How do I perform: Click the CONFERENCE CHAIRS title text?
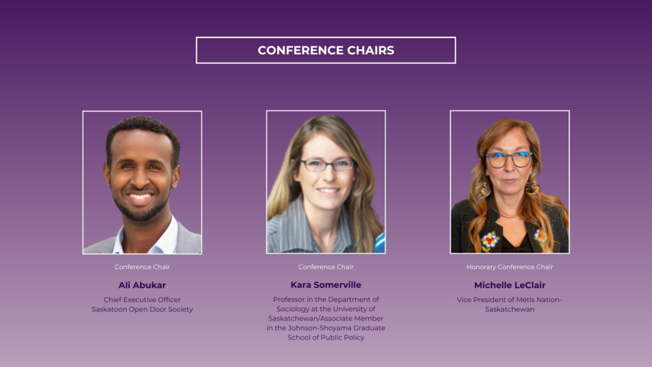pos(326,50)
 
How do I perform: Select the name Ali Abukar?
pos(142,285)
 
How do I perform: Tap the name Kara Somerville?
pos(326,285)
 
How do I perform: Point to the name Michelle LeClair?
pos(510,285)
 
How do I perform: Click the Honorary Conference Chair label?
pos(510,267)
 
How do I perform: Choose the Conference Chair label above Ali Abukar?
pos(142,267)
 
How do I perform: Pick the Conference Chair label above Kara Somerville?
pos(326,267)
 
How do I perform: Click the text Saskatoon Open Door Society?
pos(142,309)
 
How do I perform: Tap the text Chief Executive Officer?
pos(142,299)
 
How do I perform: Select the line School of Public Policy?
pos(326,338)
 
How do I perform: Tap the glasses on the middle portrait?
pos(328,165)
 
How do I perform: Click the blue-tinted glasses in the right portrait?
pos(509,159)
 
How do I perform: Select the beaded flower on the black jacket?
pos(490,240)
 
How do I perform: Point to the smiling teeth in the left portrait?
pos(140,196)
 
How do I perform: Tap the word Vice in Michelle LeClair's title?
pos(464,299)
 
